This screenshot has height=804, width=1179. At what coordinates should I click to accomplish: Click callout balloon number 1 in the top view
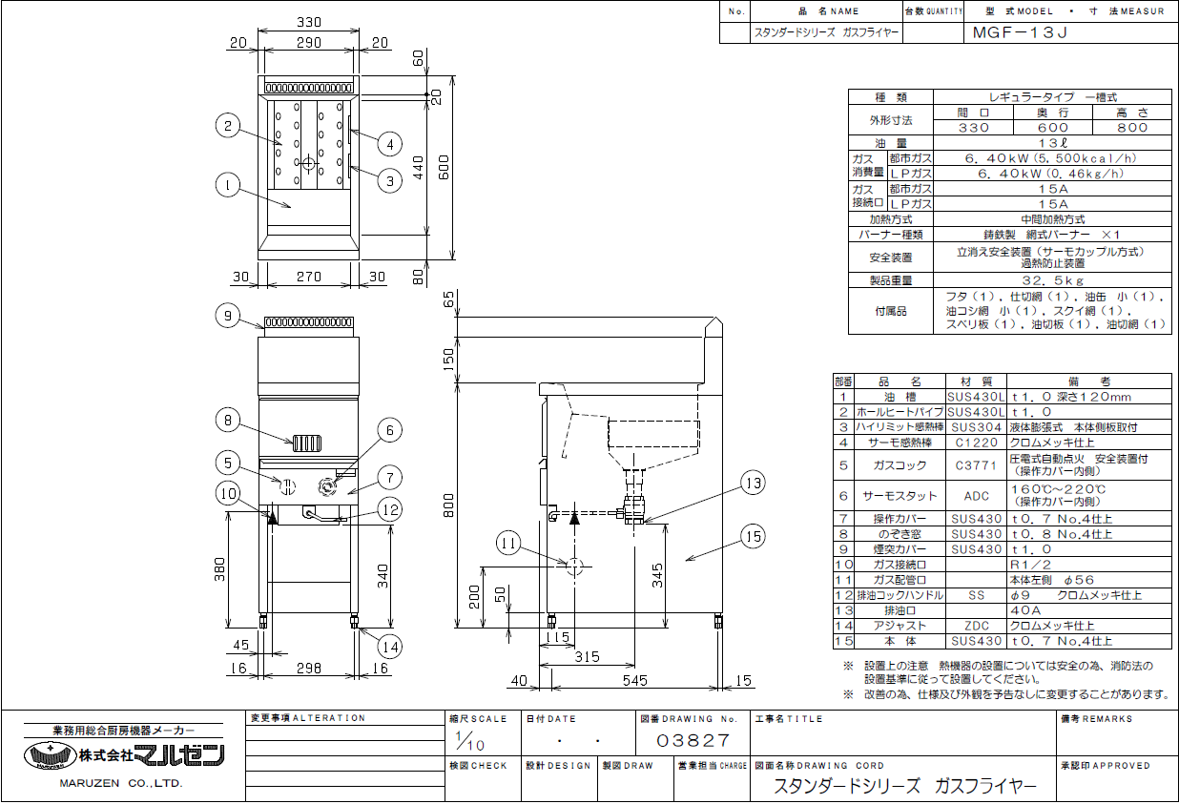pyautogui.click(x=225, y=186)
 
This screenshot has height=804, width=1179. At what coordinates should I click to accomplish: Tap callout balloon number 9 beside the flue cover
pyautogui.click(x=225, y=316)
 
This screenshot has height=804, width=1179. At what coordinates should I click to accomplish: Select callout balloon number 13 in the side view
pyautogui.click(x=753, y=484)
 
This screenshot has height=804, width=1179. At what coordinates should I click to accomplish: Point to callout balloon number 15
pyautogui.click(x=753, y=537)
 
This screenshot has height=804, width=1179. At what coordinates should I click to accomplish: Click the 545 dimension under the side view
pyautogui.click(x=634, y=680)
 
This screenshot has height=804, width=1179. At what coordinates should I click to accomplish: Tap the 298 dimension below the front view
pyautogui.click(x=309, y=669)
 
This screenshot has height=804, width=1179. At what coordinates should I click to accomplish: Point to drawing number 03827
pyautogui.click(x=693, y=740)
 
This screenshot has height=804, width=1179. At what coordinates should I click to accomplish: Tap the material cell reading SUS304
pyautogui.click(x=976, y=427)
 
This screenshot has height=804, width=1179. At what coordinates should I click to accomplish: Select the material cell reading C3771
pyautogui.click(x=976, y=464)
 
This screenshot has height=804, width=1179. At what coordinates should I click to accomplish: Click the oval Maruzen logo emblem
pyautogui.click(x=49, y=755)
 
